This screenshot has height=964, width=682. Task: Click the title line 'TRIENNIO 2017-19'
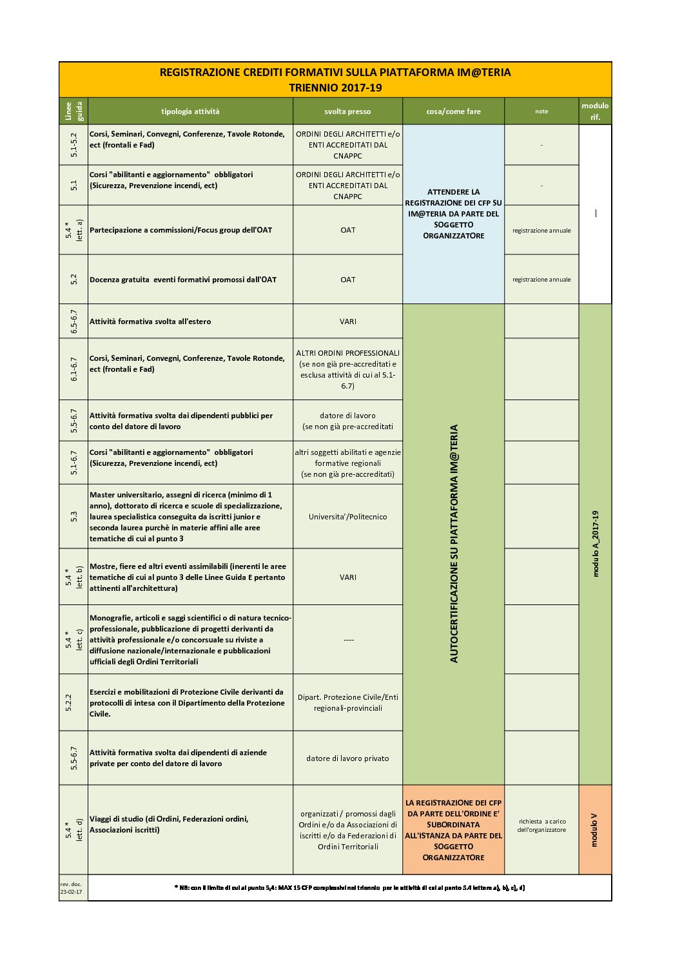tap(335, 88)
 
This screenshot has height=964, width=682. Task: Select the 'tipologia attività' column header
tap(190, 111)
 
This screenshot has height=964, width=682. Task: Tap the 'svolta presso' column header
tap(347, 111)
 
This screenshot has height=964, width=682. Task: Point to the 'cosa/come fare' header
tap(453, 111)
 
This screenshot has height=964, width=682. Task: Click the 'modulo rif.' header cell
tap(595, 111)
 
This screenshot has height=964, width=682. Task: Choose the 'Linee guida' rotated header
tap(73, 111)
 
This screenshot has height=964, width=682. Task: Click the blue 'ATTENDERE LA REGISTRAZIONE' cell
tap(453, 214)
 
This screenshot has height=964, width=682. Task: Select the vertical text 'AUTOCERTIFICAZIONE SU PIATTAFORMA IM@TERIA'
tap(454, 543)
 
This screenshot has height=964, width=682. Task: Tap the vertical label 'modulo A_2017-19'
tap(596, 543)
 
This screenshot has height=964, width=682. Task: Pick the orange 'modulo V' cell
tap(594, 829)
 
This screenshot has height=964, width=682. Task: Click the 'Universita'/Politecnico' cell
tap(347, 517)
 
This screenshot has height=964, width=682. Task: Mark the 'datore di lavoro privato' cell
tap(347, 758)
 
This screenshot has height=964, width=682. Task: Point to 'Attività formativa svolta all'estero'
tap(150, 322)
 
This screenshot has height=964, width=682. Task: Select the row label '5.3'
tap(73, 516)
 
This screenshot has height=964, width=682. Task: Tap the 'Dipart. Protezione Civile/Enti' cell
tap(347, 697)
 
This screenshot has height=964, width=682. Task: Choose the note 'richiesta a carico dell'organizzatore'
tap(541, 825)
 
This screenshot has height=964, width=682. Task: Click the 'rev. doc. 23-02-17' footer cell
tap(73, 888)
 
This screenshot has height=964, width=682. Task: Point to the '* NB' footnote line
tap(349, 888)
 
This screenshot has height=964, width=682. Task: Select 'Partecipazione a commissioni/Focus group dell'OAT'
tap(180, 230)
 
